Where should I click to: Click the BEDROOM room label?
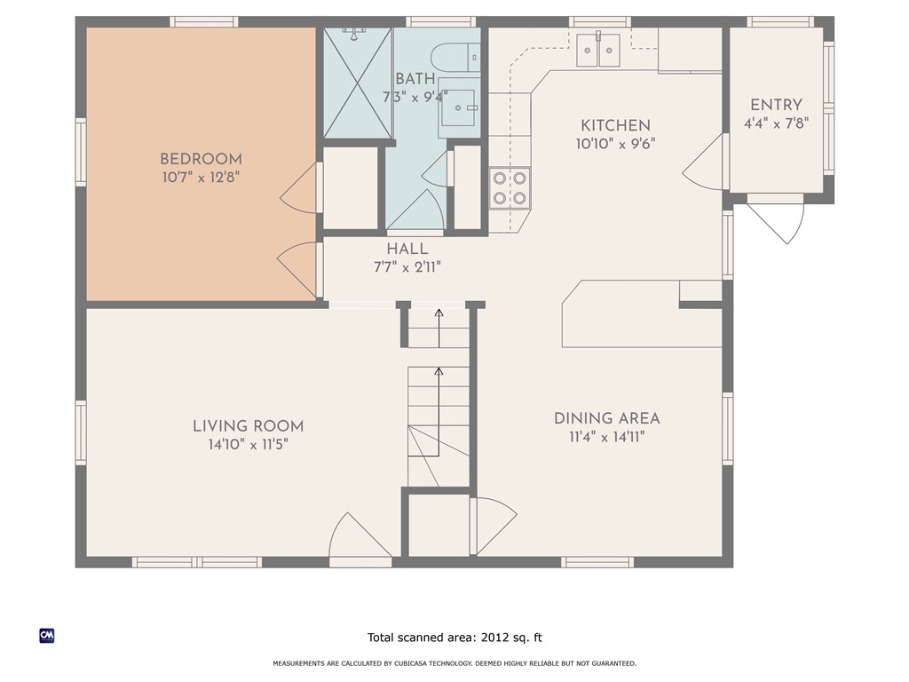click(200, 160)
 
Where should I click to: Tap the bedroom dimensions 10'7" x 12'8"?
click(200, 178)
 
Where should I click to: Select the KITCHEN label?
click(615, 126)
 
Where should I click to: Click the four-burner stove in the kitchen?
click(510, 187)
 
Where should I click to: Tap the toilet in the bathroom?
click(459, 58)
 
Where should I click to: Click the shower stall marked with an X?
click(357, 83)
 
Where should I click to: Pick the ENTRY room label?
click(776, 106)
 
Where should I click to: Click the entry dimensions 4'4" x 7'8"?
click(776, 124)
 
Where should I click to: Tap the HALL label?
click(407, 250)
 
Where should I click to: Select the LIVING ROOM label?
click(248, 426)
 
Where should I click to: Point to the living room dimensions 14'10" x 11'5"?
click(248, 445)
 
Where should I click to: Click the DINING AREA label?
click(606, 418)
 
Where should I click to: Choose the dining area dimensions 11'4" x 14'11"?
click(606, 437)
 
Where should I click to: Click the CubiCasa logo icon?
click(47, 636)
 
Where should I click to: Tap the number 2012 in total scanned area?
click(497, 638)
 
